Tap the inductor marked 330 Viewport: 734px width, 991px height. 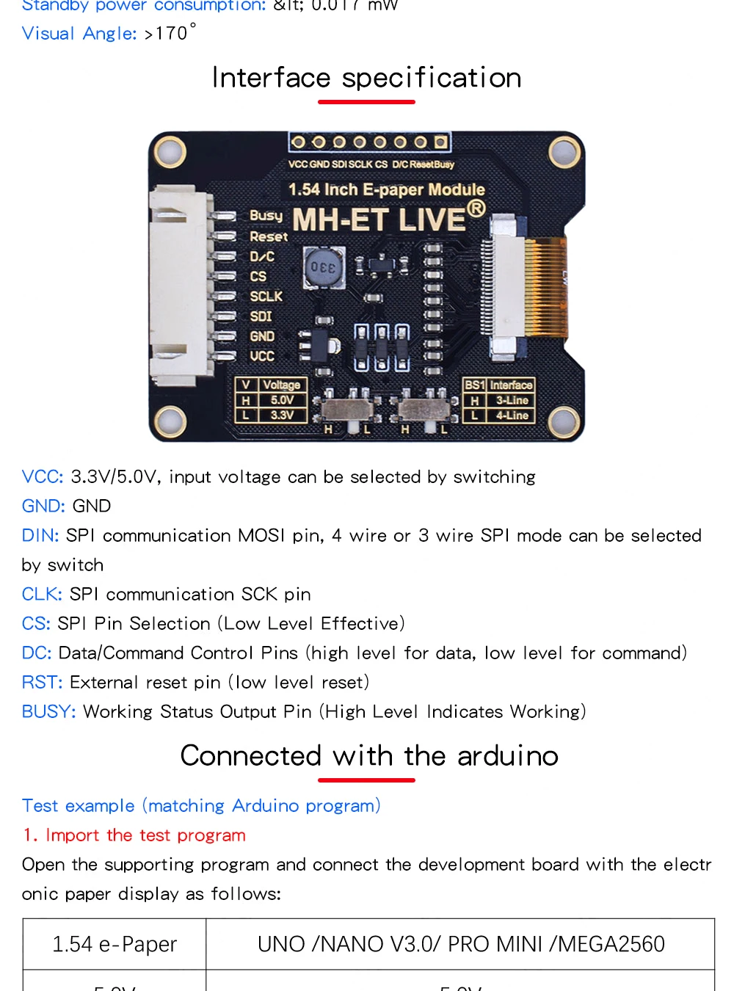pyautogui.click(x=323, y=267)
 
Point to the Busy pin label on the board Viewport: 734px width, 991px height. pyautogui.click(x=266, y=216)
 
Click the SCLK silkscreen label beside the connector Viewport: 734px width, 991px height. pyautogui.click(x=266, y=297)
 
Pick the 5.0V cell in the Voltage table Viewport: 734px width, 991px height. pyautogui.click(x=282, y=400)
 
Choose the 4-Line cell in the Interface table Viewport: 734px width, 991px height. pyautogui.click(x=512, y=415)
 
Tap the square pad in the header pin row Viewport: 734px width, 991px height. pyautogui.click(x=440, y=142)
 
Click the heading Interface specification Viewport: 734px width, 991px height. pyautogui.click(x=366, y=78)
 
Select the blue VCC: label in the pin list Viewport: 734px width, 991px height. pyautogui.click(x=43, y=477)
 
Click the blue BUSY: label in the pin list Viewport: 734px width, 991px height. pyautogui.click(x=48, y=712)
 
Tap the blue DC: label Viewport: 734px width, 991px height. pyautogui.click(x=37, y=653)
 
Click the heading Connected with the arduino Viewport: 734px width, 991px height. pyautogui.click(x=369, y=756)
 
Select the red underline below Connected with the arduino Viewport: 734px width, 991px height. pyautogui.click(x=366, y=780)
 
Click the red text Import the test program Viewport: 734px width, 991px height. pyautogui.click(x=145, y=835)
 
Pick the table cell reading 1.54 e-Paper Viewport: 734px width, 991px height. pyautogui.click(x=115, y=944)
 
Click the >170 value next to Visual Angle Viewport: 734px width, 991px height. pyautogui.click(x=170, y=34)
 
